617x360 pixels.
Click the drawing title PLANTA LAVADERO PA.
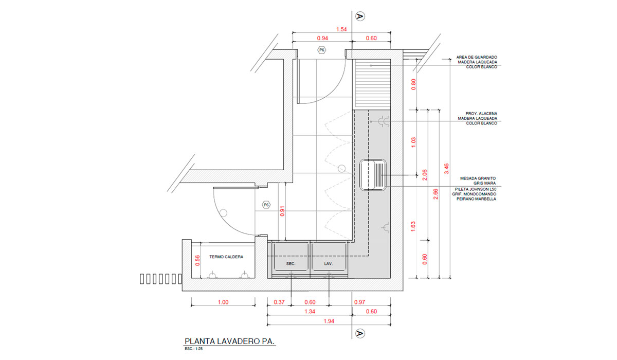pos(229,341)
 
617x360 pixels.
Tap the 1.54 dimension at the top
pos(341,29)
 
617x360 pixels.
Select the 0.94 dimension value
pos(322,38)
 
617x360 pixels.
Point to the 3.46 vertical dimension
pos(446,169)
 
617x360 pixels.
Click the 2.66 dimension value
pos(435,194)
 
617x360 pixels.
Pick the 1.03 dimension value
pos(413,142)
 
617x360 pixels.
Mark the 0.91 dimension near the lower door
pos(282,211)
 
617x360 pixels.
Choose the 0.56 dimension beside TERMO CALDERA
pos(197,261)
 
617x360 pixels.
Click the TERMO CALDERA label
pos(226,257)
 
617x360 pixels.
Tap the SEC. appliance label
pos(291,264)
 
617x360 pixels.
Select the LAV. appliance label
pos(329,264)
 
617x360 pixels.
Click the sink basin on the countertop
pos(373,175)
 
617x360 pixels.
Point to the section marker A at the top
pos(360,16)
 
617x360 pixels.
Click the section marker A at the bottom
pos(360,334)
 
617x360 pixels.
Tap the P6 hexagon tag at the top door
pos(321,50)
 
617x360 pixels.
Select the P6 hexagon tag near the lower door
pos(266,205)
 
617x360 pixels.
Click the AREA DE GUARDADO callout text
pos(477,62)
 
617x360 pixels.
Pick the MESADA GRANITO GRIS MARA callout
pos(478,181)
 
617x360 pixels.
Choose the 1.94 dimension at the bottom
pos(329,321)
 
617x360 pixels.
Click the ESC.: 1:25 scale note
pos(194,349)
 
